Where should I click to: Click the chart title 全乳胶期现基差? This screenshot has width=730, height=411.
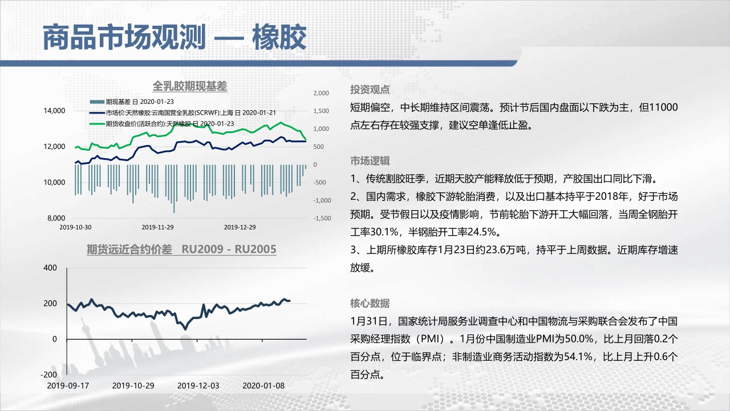(x=190, y=86)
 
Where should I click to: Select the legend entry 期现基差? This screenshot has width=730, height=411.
(x=132, y=102)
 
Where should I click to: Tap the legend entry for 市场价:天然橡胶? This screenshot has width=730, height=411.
(x=183, y=113)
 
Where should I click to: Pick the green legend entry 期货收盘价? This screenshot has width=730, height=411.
(x=162, y=124)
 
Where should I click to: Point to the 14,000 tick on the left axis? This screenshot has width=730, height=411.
(x=54, y=111)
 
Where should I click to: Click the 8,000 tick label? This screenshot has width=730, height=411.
(x=56, y=218)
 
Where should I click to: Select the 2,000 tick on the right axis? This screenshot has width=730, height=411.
(x=321, y=93)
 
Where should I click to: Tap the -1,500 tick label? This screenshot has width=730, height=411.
(x=322, y=218)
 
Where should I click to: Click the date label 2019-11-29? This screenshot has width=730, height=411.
(x=158, y=227)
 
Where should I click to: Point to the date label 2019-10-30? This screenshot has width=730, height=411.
(x=75, y=227)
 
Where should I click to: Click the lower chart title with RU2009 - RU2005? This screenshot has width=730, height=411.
(x=181, y=249)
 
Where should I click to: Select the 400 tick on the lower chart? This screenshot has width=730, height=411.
(x=50, y=268)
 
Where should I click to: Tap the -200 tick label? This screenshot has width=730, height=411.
(x=48, y=375)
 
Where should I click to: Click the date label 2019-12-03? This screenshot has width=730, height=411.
(x=198, y=386)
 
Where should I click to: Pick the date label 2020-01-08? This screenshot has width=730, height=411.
(x=263, y=386)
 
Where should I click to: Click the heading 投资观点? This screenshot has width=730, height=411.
(x=370, y=90)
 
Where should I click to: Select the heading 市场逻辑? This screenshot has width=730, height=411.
(x=370, y=161)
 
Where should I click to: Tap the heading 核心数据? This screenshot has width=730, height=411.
(x=370, y=304)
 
